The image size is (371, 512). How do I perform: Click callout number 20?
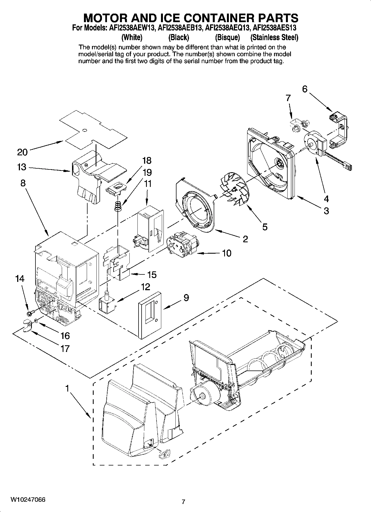point(22,152)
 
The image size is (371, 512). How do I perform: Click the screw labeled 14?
point(30,313)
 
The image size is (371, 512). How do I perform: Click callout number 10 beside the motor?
point(226,253)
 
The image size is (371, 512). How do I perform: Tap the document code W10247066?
point(28,500)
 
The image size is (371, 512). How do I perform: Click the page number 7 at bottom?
point(183,501)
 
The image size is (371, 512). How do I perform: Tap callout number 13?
point(22,167)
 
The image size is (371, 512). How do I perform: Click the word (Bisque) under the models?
point(227,37)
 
